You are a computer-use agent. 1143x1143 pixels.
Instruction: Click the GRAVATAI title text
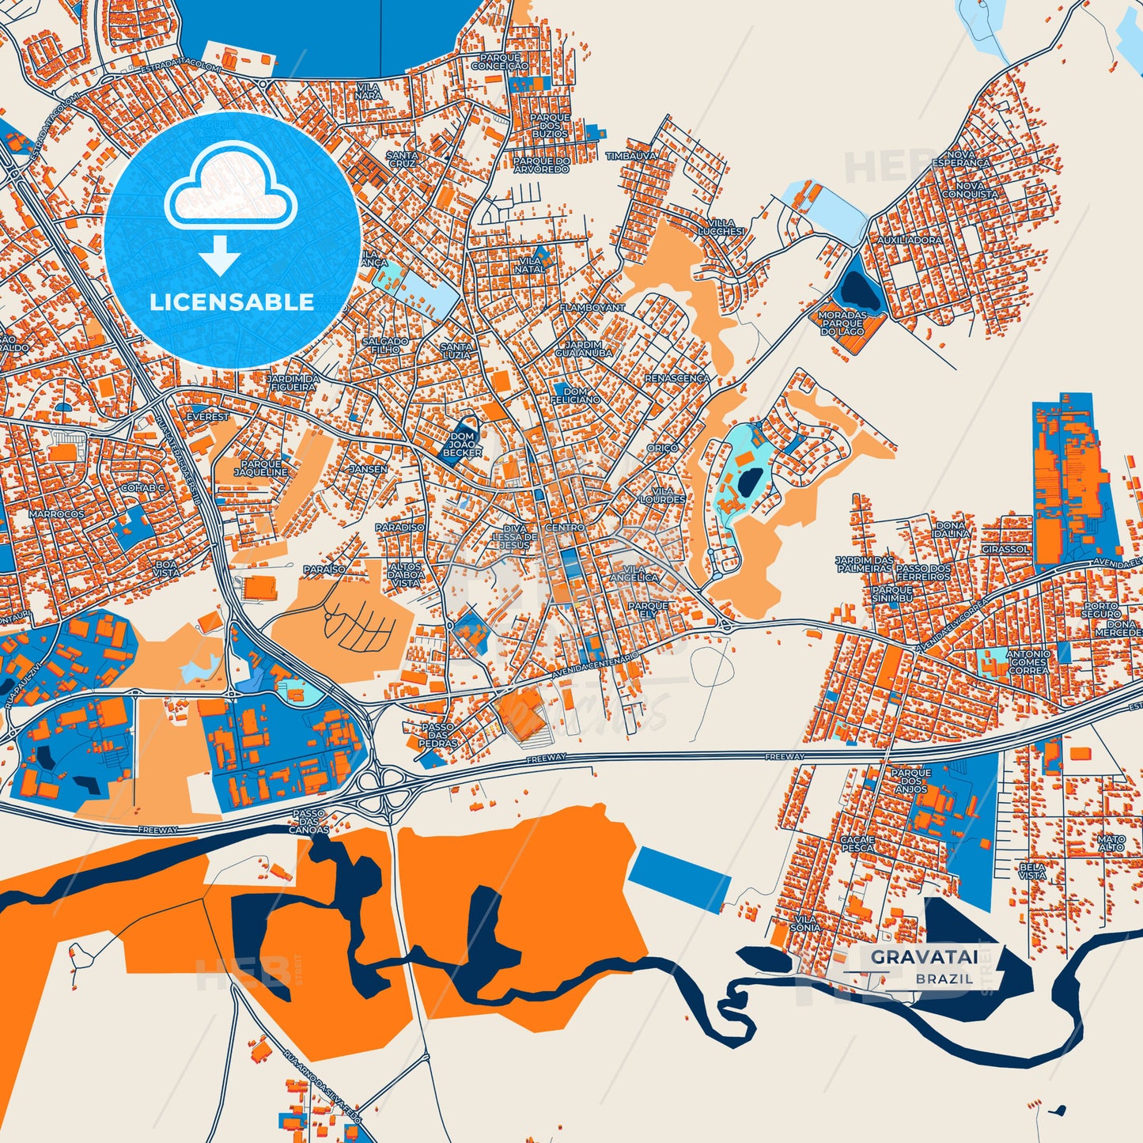(924, 957)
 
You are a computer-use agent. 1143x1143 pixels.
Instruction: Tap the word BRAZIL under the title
(944, 978)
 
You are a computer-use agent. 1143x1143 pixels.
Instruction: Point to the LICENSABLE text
(232, 302)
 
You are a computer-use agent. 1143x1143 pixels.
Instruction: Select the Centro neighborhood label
(565, 528)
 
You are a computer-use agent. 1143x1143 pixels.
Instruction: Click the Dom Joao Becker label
(463, 445)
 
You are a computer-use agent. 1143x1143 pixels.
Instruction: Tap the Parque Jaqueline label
(261, 468)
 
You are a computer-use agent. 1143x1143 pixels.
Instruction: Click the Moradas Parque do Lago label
(842, 324)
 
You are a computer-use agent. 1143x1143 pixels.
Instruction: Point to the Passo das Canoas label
(308, 822)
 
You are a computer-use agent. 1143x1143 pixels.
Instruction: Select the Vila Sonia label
(806, 923)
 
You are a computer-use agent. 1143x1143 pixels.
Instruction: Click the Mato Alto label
(1111, 843)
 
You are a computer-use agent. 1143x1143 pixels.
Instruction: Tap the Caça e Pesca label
(857, 843)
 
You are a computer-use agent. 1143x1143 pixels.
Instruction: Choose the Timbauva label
(631, 157)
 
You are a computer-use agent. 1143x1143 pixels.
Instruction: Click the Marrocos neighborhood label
(56, 514)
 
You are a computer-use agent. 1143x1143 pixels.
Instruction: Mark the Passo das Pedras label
(437, 735)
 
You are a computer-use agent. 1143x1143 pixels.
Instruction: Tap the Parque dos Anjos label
(911, 781)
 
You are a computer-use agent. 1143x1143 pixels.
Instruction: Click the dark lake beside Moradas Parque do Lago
(861, 290)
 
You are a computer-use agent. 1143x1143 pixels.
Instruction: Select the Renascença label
(677, 379)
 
